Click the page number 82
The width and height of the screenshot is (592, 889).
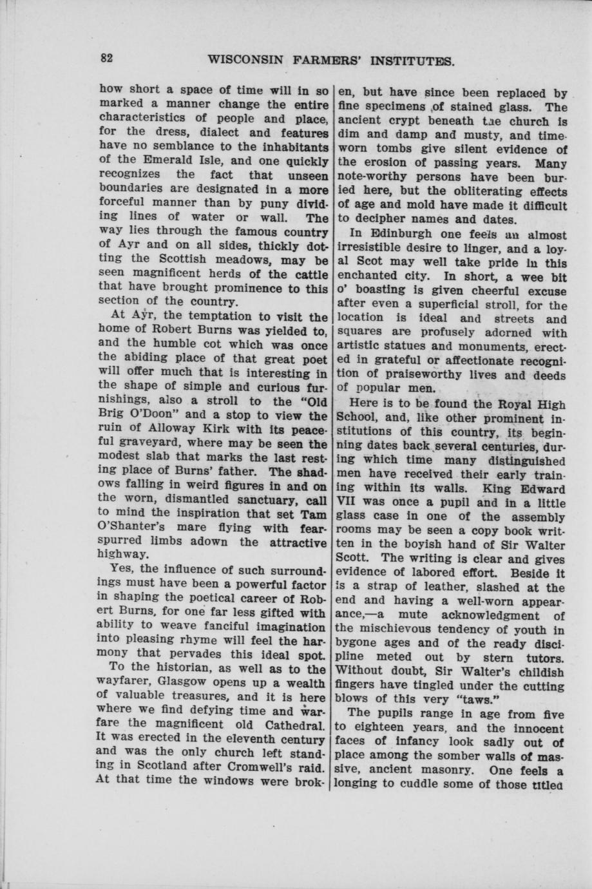[106, 57]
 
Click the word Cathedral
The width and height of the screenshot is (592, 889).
[294, 738]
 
